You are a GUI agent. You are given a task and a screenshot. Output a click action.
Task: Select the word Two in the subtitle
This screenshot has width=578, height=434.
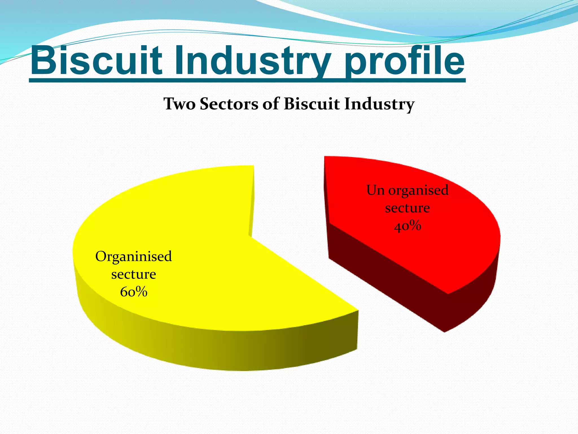coord(179,104)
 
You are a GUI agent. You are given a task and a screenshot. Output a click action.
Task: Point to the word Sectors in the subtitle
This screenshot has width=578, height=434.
coord(229,104)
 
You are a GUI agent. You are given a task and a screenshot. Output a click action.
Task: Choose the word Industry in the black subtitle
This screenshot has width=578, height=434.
coord(379,104)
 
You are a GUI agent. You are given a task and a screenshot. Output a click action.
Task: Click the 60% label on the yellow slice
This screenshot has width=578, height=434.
coord(133,292)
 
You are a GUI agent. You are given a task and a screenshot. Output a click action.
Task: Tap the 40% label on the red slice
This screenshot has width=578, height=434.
coord(407,226)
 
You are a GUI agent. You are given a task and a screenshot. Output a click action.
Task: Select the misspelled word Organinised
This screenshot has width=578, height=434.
coord(133,257)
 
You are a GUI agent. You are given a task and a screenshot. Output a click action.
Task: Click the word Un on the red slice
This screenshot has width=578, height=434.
coord(375,190)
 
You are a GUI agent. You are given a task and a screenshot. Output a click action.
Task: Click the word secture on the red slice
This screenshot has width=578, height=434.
coord(407,208)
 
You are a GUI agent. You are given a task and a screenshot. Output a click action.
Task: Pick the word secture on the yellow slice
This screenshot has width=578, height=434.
coord(133,274)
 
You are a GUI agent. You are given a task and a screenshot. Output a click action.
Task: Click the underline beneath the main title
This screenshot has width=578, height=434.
coord(247,81)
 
